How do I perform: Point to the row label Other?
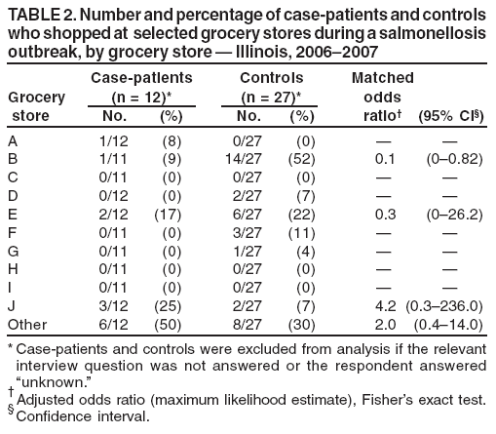pyautogui.click(x=26, y=323)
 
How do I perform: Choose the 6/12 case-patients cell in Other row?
pyautogui.click(x=115, y=323)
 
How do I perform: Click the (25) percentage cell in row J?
pyautogui.click(x=170, y=305)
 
